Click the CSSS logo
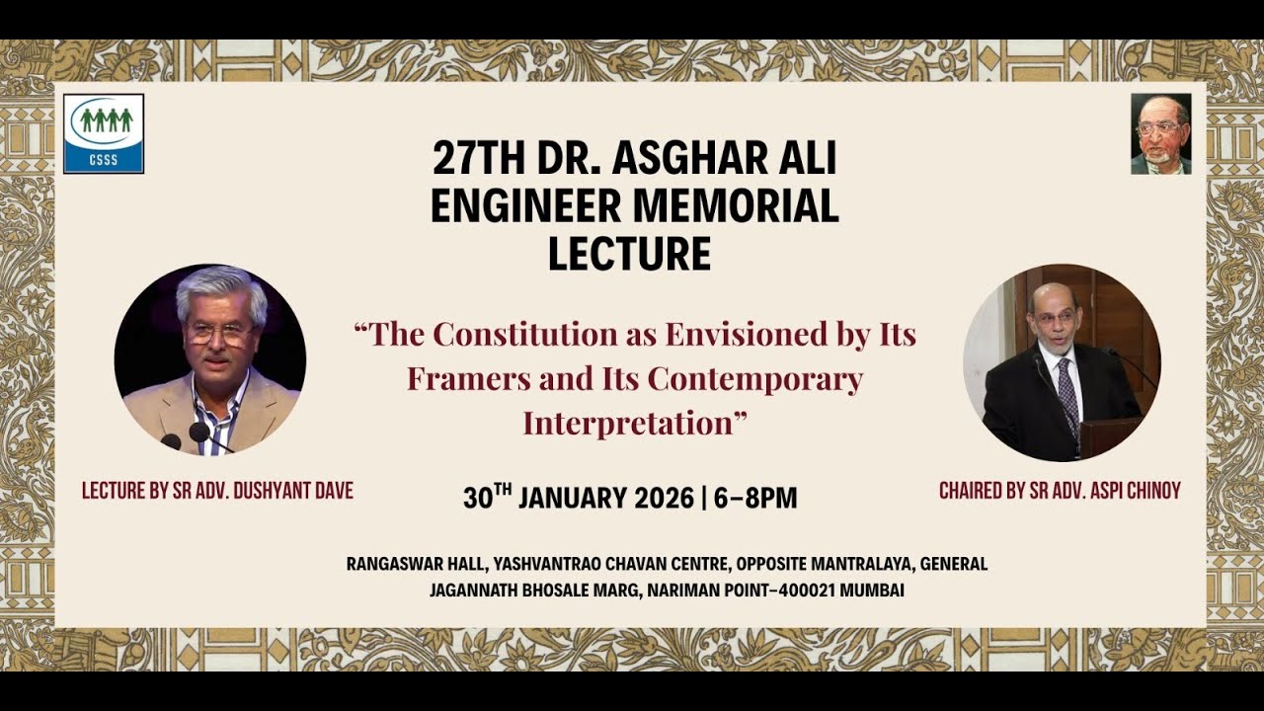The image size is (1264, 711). pyautogui.click(x=104, y=133)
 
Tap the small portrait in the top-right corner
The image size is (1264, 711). pyautogui.click(x=1160, y=133)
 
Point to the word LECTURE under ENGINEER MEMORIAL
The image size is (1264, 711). pyautogui.click(x=630, y=253)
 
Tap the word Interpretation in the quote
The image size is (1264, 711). pyautogui.click(x=628, y=423)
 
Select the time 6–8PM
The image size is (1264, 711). pyautogui.click(x=755, y=498)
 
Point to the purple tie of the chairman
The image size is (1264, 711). pyautogui.click(x=1066, y=390)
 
